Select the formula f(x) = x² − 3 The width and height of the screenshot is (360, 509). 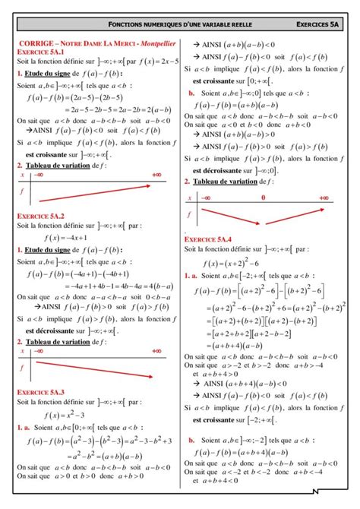[68, 413]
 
